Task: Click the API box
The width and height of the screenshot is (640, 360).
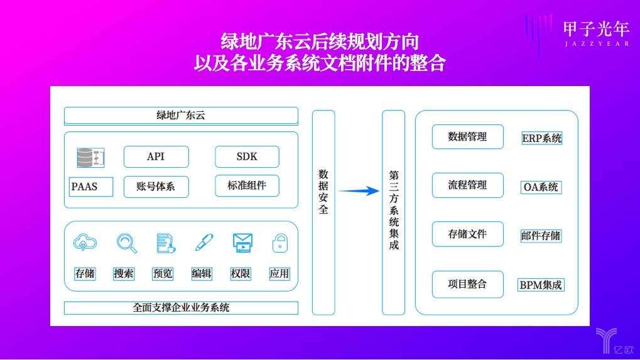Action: point(156,156)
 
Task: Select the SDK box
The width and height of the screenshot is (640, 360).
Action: point(247,156)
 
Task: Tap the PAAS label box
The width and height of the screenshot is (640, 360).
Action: point(90,187)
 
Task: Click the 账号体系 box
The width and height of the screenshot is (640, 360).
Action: point(156,187)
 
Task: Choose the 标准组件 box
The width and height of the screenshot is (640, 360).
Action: point(247,186)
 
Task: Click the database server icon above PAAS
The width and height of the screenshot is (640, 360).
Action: point(90,158)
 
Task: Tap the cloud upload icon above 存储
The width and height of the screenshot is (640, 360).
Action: point(85,243)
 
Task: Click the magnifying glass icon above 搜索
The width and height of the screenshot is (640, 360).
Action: point(126,243)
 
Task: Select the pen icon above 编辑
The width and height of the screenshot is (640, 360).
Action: point(204,242)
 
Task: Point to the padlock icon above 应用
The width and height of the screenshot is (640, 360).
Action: point(280,243)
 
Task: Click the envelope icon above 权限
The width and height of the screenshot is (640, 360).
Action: point(242,243)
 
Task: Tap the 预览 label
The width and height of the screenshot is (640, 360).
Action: point(163,273)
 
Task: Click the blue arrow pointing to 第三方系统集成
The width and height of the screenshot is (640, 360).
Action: point(359,190)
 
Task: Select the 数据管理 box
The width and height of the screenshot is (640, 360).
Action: point(468,137)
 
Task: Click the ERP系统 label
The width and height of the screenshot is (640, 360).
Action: point(541,138)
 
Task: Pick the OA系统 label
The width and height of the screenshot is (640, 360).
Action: point(541,187)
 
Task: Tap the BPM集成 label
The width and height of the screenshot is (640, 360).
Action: point(540,285)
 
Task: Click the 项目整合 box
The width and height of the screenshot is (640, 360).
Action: point(468,284)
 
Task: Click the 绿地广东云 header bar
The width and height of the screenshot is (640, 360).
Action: point(182,116)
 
